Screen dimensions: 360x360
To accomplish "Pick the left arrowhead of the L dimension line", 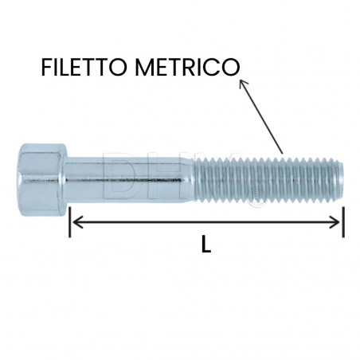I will pos(77,222).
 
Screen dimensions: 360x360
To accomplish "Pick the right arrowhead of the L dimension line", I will pos(338,222).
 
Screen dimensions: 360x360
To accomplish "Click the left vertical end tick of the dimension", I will pos(71,222).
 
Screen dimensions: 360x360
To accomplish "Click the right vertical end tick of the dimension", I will pos(343,222).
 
